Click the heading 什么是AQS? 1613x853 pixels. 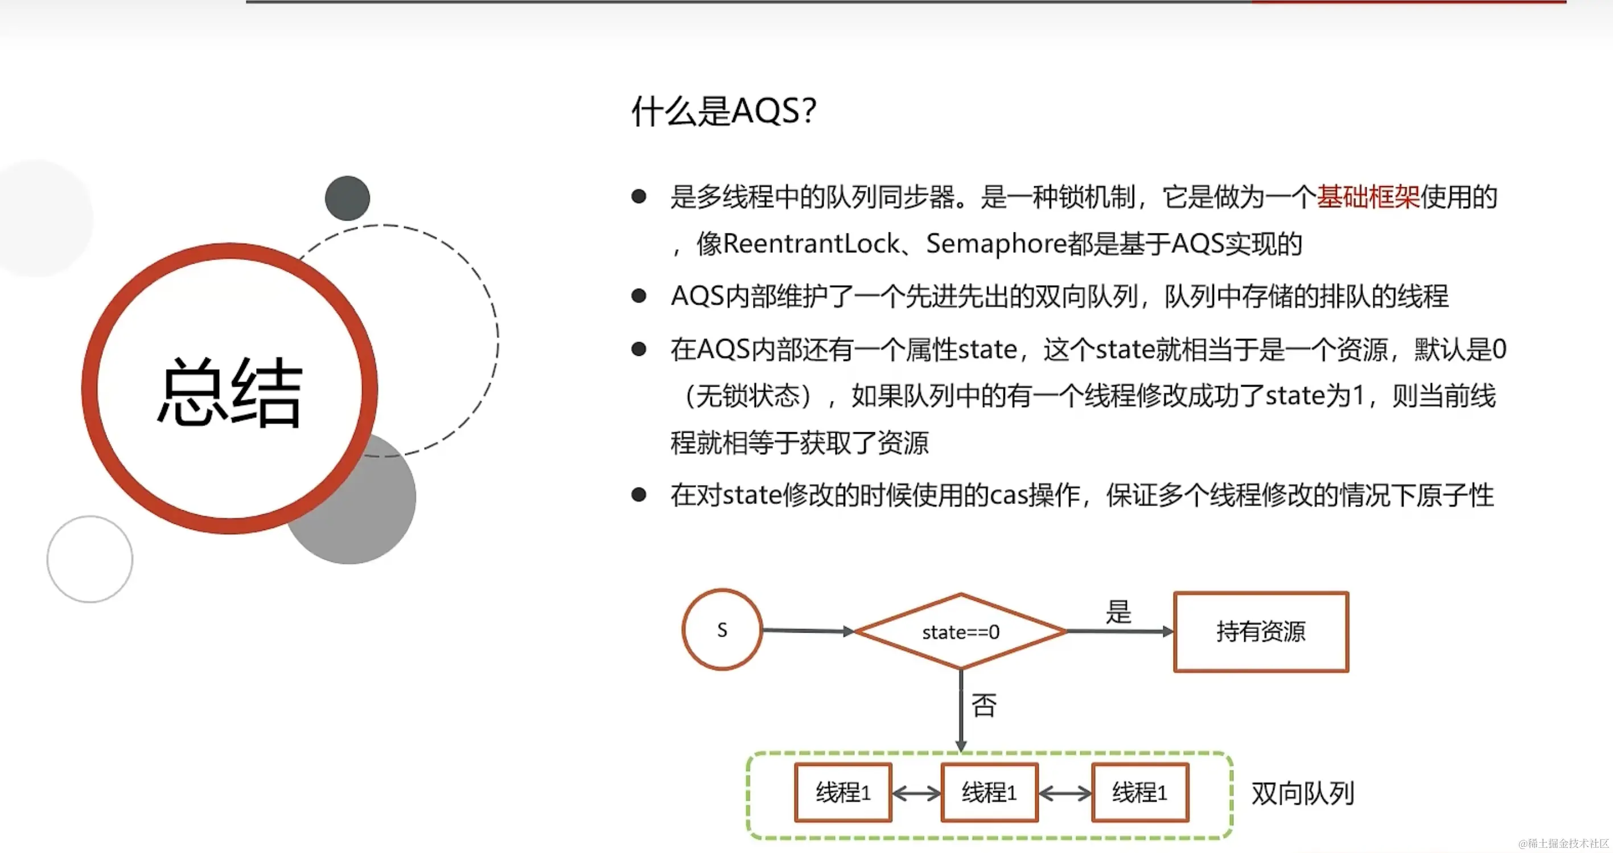(x=723, y=112)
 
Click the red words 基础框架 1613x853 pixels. (x=1368, y=196)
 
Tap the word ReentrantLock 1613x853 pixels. (x=811, y=244)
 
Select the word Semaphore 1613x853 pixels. (x=995, y=244)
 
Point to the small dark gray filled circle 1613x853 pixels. (x=348, y=198)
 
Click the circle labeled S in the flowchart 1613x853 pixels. (x=722, y=630)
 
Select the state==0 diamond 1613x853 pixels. (x=961, y=632)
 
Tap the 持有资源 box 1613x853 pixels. (x=1261, y=632)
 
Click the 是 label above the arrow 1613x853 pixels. (x=1118, y=611)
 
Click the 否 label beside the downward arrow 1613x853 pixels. (x=984, y=705)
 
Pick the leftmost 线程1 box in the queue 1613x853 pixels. (x=843, y=793)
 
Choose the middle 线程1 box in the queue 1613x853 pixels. (x=989, y=793)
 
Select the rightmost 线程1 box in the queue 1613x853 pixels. (x=1139, y=793)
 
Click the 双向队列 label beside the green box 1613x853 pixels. (x=1302, y=794)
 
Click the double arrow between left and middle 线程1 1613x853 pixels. (x=916, y=794)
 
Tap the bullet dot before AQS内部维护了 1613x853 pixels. (x=639, y=296)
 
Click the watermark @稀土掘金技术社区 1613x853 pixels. (x=1562, y=843)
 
